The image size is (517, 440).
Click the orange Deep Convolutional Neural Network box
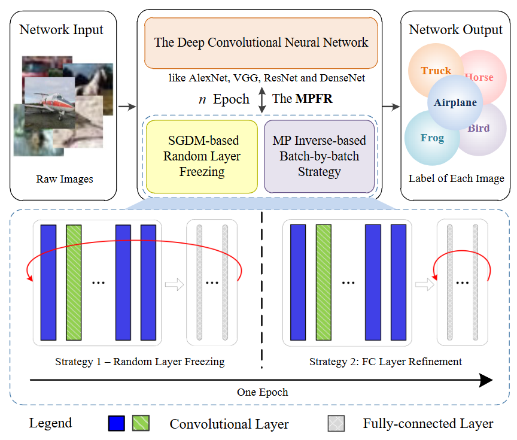tap(261, 43)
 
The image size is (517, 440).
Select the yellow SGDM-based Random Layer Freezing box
tap(202, 156)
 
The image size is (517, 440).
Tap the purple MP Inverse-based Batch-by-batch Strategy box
tap(319, 156)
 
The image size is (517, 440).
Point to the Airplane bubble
tap(455, 102)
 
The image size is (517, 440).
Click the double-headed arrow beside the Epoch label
tap(261, 99)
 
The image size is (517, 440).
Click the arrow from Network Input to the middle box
tap(127, 107)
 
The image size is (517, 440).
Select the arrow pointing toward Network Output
tap(390, 107)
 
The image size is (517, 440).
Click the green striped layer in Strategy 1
tap(73, 282)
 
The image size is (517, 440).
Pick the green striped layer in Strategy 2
tap(323, 282)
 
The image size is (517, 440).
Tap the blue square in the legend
tap(116, 423)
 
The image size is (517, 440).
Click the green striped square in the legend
tap(141, 423)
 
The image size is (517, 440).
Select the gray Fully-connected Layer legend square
tap(336, 423)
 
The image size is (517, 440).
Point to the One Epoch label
tap(262, 392)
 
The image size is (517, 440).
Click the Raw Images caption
tap(64, 179)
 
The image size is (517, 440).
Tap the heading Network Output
tap(455, 30)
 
